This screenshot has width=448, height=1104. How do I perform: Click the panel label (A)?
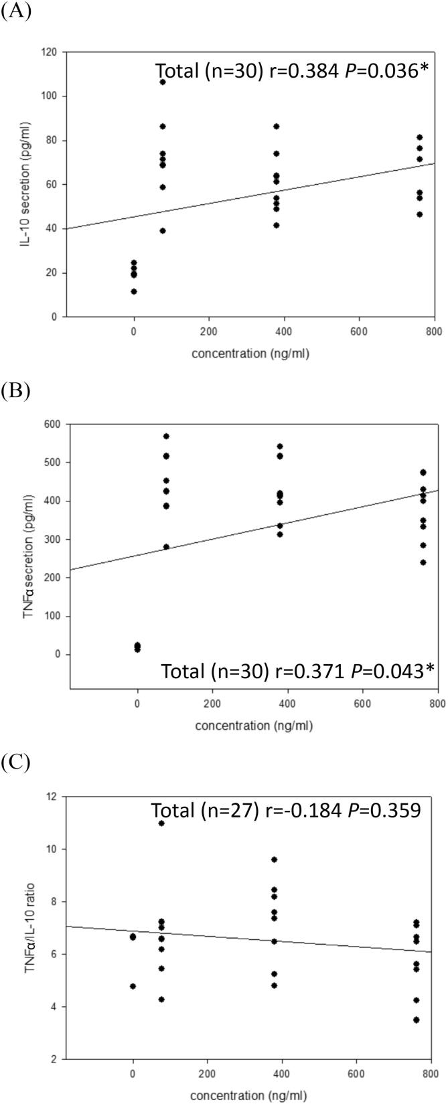pyautogui.click(x=15, y=13)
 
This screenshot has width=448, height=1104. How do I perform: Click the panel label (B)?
pyautogui.click(x=15, y=390)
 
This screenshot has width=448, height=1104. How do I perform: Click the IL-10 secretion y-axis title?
pyautogui.click(x=27, y=184)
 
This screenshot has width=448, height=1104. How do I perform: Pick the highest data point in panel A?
pyautogui.click(x=163, y=82)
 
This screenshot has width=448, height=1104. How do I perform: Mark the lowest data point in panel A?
pyautogui.click(x=134, y=291)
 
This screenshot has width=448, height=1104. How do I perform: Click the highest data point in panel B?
pyautogui.click(x=166, y=437)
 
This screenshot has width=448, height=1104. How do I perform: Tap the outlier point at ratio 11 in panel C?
pyautogui.click(x=161, y=823)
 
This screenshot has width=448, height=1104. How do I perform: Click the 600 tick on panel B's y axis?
pyautogui.click(x=51, y=424)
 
